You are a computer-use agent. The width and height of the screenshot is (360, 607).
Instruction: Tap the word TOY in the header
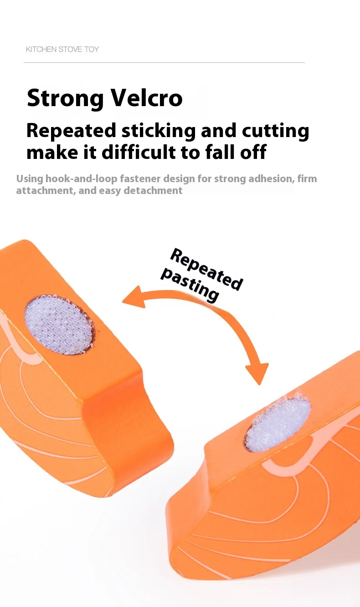[91, 49]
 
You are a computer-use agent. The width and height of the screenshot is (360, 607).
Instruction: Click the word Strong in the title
[63, 98]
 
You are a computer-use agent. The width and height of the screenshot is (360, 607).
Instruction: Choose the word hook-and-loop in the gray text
[83, 179]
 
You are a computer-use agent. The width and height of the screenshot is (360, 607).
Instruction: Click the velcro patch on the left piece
[58, 325]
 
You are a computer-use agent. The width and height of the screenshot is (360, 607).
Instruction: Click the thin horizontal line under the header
[164, 62]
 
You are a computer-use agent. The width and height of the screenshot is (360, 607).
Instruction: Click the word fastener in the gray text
[139, 179]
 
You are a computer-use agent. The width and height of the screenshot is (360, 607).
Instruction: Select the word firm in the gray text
[307, 179]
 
